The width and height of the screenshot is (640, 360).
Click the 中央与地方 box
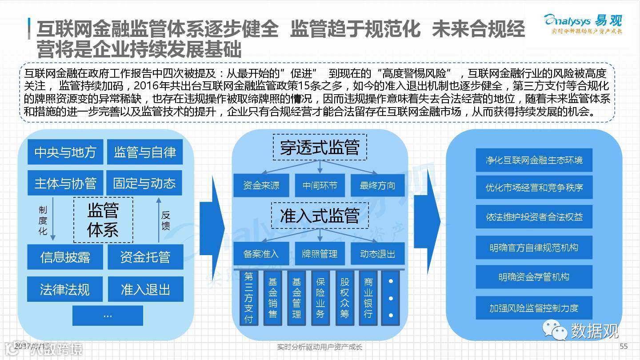[65, 152]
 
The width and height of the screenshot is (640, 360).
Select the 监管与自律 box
[144, 152]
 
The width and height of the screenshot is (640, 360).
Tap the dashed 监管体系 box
[103, 220]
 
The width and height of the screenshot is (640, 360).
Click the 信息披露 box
[65, 257]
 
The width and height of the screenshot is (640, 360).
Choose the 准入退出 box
[145, 289]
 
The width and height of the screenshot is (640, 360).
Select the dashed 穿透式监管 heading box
[320, 148]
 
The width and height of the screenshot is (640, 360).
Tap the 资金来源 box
[261, 185]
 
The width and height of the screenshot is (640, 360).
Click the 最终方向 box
[377, 185]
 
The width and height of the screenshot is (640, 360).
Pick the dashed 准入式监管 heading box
[320, 215]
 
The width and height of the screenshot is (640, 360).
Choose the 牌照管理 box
[320, 254]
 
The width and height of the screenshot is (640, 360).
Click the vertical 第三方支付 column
[248, 298]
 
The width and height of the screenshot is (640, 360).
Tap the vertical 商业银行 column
[368, 298]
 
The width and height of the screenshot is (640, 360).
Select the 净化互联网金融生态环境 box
[534, 160]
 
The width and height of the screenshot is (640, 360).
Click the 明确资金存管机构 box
[534, 277]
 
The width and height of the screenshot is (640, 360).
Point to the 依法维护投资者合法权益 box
[534, 217]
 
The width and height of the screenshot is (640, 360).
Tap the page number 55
[623, 347]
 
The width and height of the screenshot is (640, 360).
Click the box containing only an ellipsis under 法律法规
[108, 316]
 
